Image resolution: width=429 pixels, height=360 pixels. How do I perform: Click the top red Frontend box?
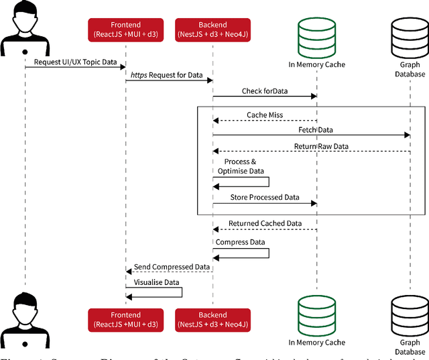point(125,29)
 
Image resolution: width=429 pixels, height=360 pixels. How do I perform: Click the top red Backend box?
point(212,29)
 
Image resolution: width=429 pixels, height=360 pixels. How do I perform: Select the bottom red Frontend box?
point(125,319)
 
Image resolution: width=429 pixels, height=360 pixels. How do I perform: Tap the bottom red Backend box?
point(212,319)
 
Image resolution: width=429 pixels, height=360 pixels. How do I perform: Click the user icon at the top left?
point(25,27)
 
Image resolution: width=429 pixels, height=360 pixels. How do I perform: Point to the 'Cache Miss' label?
point(265,115)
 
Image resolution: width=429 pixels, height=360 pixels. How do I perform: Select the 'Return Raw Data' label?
point(321,145)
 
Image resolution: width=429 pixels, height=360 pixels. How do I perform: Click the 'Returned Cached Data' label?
point(265,223)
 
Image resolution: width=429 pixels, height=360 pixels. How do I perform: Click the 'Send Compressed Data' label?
point(172,266)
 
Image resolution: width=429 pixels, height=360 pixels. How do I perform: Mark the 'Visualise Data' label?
point(157,282)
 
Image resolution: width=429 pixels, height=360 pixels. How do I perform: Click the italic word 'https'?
point(139,76)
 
